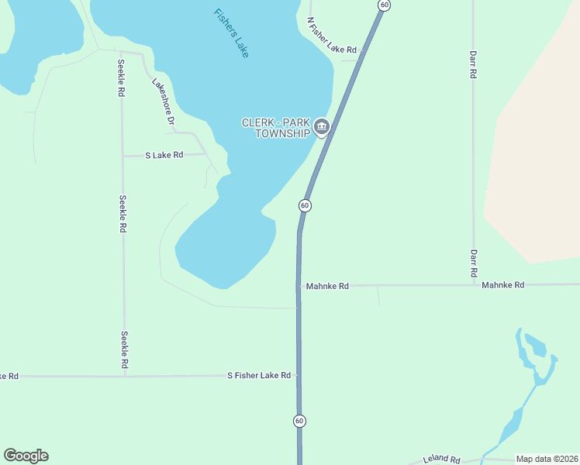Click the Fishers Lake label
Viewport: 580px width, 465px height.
point(233,34)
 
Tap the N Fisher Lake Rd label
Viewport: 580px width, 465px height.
point(331,36)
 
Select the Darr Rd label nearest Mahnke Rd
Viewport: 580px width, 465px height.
point(472,263)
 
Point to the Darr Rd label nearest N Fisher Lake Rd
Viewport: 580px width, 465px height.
point(472,64)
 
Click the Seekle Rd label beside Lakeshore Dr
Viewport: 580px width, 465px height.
point(121,77)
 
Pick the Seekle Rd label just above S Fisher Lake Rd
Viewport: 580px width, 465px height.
point(124,350)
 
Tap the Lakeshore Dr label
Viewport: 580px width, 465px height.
point(162,102)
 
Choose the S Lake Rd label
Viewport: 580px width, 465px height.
point(164,155)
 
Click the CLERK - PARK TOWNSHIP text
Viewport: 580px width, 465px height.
point(275,128)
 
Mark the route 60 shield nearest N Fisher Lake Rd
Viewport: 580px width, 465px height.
point(384,5)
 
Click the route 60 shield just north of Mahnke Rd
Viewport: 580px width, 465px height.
point(305,205)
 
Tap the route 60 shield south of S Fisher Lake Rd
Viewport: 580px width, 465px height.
point(299,421)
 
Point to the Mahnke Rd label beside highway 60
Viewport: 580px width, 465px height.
point(327,286)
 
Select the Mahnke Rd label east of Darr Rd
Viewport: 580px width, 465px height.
point(502,285)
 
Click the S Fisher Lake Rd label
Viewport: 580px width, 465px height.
point(258,375)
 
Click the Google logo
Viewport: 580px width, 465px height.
point(26,456)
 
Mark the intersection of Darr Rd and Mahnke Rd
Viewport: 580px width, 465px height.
point(473,285)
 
